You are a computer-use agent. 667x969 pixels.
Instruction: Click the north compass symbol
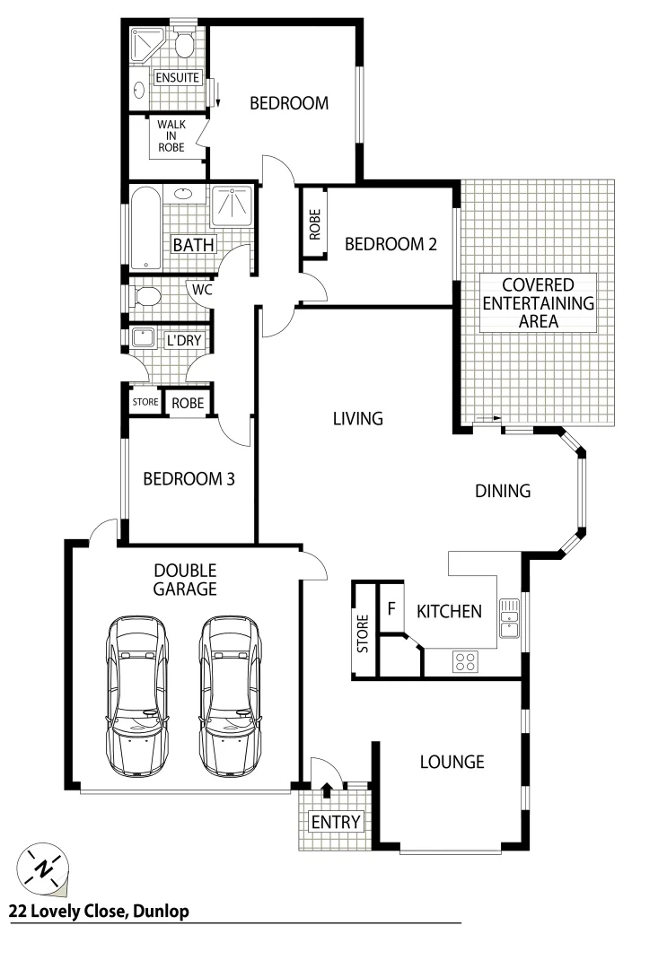[x=43, y=867]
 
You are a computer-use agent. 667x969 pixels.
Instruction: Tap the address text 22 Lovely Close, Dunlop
[x=99, y=912]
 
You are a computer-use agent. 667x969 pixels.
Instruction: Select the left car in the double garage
[x=137, y=695]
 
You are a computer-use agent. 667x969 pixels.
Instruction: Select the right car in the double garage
[x=231, y=695]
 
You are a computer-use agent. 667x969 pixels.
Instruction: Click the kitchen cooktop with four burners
[x=465, y=662]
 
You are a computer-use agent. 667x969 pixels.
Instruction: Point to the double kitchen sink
[x=509, y=617]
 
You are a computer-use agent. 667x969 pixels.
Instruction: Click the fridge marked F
[x=391, y=609]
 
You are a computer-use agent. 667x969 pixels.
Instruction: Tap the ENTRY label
[x=335, y=822]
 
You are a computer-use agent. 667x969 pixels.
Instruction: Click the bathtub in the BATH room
[x=145, y=228]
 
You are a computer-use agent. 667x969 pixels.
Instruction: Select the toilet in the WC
[x=148, y=294]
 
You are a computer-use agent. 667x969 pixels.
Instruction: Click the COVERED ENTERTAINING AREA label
[x=539, y=303]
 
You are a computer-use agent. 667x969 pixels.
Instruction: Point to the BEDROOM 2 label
[x=391, y=243]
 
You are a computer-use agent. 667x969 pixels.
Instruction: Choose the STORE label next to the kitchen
[x=364, y=633]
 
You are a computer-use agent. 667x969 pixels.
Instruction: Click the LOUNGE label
[x=452, y=762]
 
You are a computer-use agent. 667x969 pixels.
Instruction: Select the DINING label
[x=503, y=491]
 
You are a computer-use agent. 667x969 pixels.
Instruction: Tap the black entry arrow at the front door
[x=327, y=790]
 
